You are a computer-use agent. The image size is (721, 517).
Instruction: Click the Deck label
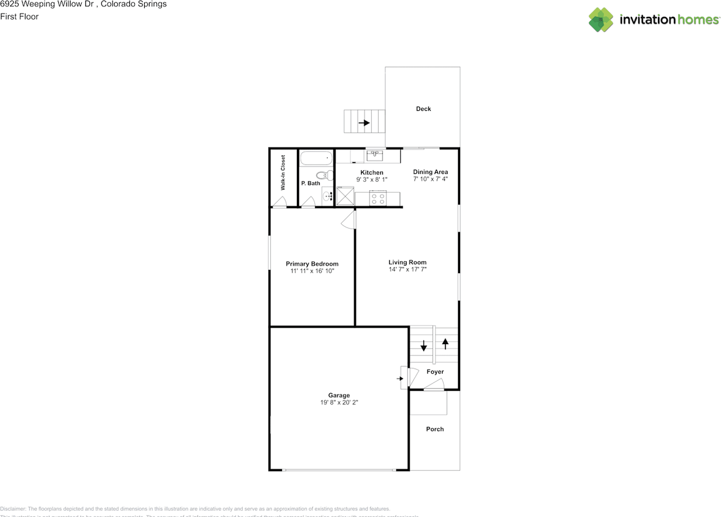tap(423, 109)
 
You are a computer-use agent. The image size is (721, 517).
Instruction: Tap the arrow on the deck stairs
tap(364, 122)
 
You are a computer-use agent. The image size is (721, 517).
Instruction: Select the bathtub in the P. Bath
tap(316, 158)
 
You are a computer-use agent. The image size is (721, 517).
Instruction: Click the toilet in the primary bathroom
tap(323, 175)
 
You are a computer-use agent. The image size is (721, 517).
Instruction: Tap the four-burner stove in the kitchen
tap(377, 198)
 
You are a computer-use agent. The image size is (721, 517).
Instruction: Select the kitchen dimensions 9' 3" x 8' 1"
tap(372, 180)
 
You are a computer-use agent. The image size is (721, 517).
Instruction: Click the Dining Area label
tap(430, 172)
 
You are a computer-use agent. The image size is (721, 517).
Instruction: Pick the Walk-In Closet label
tap(283, 172)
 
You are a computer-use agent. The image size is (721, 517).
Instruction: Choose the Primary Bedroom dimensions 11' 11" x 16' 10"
tap(312, 271)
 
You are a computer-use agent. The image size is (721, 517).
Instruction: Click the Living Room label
tap(407, 262)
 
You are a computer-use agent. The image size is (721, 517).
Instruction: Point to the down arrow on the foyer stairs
tap(424, 345)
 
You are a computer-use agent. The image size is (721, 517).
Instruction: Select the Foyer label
tap(435, 372)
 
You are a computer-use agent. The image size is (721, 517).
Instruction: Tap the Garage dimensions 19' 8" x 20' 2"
tap(339, 403)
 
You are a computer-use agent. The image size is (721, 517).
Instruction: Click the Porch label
tap(435, 429)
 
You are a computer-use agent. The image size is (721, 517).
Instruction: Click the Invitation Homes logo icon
tap(600, 20)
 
